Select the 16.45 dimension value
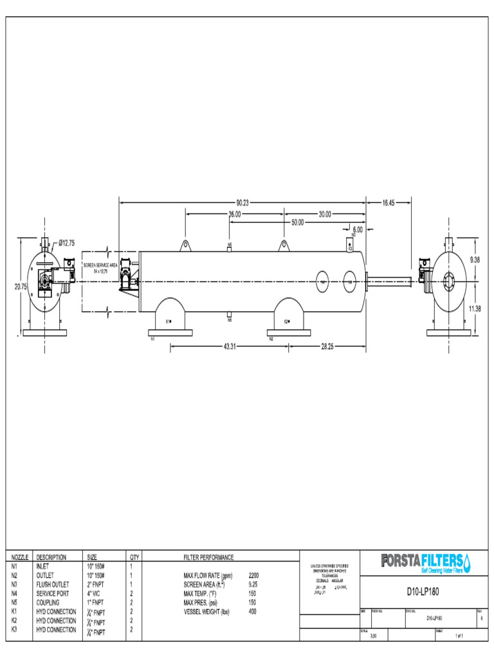389,202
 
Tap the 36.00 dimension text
234,215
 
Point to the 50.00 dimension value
297,222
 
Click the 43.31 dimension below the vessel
229,346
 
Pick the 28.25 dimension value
327,346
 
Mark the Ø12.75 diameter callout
66,243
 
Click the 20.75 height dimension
21,287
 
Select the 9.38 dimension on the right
475,259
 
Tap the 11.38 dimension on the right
475,309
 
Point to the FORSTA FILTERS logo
425,562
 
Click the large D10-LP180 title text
423,592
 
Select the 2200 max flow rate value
253,576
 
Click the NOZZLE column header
20,557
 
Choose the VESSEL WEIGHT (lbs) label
206,612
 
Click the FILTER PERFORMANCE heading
208,557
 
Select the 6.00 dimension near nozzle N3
358,229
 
